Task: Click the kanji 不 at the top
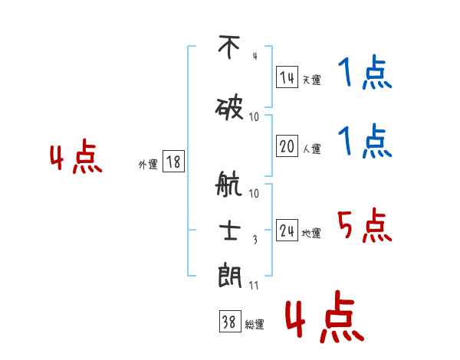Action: pyautogui.click(x=229, y=47)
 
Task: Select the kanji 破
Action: pyautogui.click(x=229, y=109)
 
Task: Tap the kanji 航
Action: pyautogui.click(x=228, y=184)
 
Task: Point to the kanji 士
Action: pyautogui.click(x=230, y=231)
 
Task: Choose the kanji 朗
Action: pyautogui.click(x=230, y=275)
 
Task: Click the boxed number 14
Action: pyautogui.click(x=287, y=77)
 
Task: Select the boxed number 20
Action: pyautogui.click(x=287, y=146)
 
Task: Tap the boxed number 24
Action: pyautogui.click(x=287, y=230)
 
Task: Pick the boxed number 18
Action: pyautogui.click(x=173, y=162)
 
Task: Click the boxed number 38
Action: pyautogui.click(x=230, y=321)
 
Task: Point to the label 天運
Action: pyautogui.click(x=312, y=80)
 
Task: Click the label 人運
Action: pyautogui.click(x=312, y=149)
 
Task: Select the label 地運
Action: pyautogui.click(x=311, y=234)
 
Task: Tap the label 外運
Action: pyautogui.click(x=148, y=165)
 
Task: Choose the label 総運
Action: pyautogui.click(x=255, y=325)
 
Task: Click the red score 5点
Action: pyautogui.click(x=365, y=225)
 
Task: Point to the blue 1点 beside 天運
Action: pyautogui.click(x=365, y=72)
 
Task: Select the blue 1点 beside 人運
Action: pyautogui.click(x=365, y=141)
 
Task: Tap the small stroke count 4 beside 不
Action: pyautogui.click(x=255, y=56)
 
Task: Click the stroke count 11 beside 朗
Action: pyautogui.click(x=254, y=286)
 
